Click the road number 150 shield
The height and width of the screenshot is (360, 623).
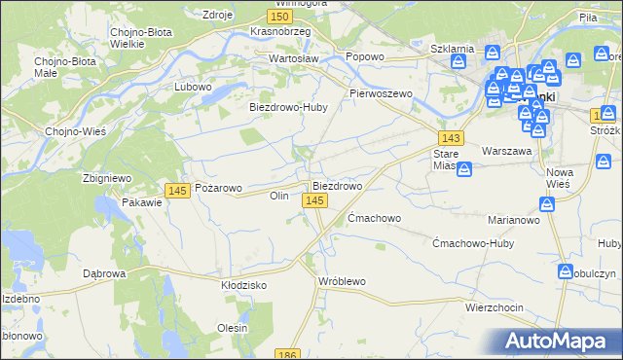(x=279, y=17)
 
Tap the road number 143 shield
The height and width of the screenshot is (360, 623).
(x=450, y=139)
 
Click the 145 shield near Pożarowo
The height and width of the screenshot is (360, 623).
(x=176, y=191)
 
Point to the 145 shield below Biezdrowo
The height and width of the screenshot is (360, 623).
(x=313, y=200)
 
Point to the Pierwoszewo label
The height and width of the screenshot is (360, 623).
(x=382, y=93)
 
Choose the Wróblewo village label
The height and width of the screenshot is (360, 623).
(x=342, y=281)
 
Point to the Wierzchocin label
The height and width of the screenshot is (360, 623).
(x=494, y=307)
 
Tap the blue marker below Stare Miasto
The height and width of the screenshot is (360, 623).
(x=464, y=169)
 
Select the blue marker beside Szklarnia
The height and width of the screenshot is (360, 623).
(x=458, y=61)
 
